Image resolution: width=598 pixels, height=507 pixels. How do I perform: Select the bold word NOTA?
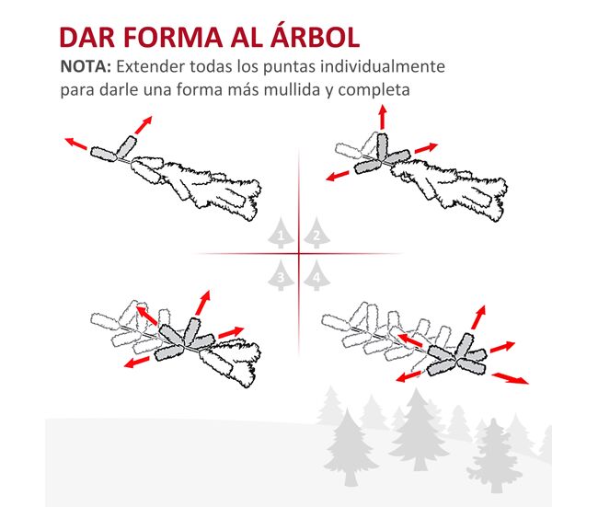[86, 66]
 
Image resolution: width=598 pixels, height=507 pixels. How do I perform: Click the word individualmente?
[383, 66]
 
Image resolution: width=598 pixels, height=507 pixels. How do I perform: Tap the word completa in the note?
[374, 90]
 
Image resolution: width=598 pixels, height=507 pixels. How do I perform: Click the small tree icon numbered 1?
[281, 233]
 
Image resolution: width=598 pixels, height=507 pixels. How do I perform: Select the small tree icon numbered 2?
[316, 233]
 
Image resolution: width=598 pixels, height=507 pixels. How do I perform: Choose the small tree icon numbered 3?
[281, 275]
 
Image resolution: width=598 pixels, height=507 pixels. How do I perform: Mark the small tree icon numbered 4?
[316, 275]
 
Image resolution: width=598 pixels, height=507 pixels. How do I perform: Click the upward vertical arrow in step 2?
[383, 117]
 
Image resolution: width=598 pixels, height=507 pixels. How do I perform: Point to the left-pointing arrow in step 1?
[75, 143]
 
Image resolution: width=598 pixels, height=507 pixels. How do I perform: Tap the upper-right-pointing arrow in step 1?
[144, 125]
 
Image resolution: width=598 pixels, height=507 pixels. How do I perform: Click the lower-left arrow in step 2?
[338, 176]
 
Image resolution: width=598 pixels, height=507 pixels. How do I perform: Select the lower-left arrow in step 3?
[136, 363]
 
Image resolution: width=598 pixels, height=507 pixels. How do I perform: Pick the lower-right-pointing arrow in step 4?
[511, 378]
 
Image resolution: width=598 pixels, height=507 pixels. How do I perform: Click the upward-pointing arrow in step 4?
[478, 317]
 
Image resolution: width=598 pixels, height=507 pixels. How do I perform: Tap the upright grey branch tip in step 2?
[382, 147]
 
